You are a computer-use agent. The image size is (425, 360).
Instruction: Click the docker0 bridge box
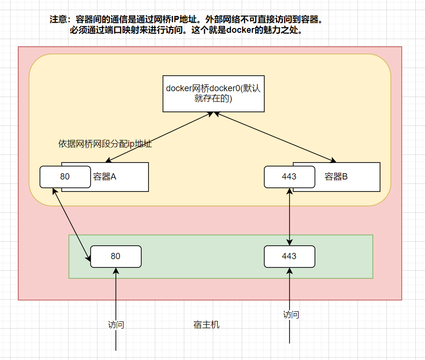tap(214, 93)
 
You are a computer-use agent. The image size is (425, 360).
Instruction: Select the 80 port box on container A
tap(65, 177)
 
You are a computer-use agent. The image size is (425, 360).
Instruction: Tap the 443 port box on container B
tap(289, 177)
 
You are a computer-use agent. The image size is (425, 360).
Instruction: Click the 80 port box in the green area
tap(116, 256)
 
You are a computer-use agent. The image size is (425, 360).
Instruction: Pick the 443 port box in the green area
tap(289, 256)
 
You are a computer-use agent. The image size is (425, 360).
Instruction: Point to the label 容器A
tap(105, 177)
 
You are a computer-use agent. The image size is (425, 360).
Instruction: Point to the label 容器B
tap(336, 177)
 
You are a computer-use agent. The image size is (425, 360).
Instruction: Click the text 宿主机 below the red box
tap(206, 325)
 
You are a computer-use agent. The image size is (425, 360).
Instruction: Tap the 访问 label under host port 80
tap(116, 325)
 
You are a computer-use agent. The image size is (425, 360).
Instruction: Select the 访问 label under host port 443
tap(291, 315)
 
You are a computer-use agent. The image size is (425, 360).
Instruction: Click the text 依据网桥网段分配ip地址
tap(105, 144)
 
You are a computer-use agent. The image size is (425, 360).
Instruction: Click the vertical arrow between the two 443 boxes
tap(289, 217)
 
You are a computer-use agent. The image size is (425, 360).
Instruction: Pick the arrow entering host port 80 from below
tap(116, 299)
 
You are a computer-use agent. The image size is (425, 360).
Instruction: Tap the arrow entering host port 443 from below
tap(289, 294)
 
